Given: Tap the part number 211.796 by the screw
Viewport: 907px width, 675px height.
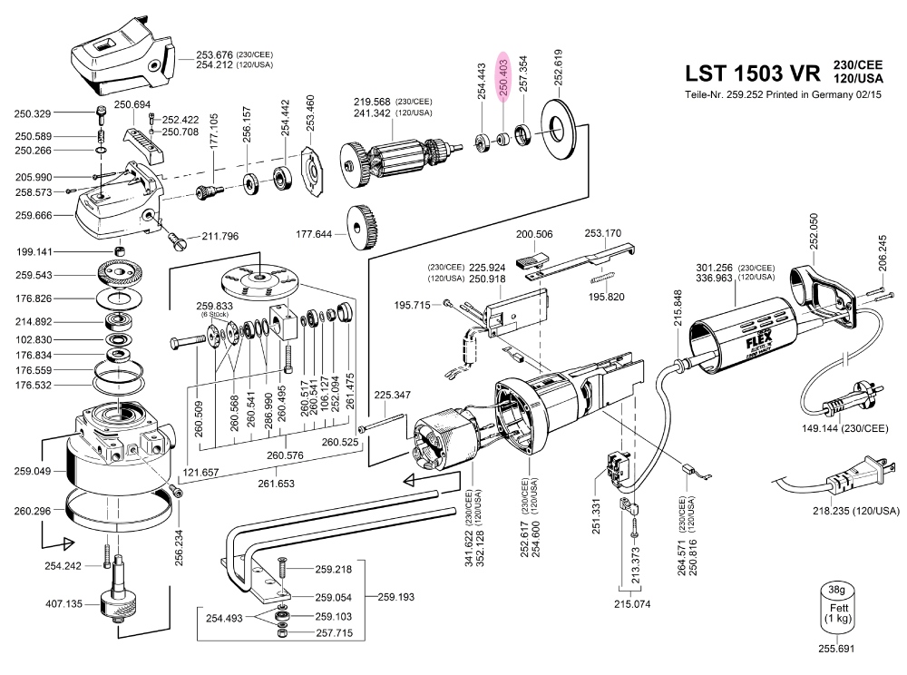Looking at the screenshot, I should point(219,237).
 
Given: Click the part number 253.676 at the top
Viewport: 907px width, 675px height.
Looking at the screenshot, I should point(214,54).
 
